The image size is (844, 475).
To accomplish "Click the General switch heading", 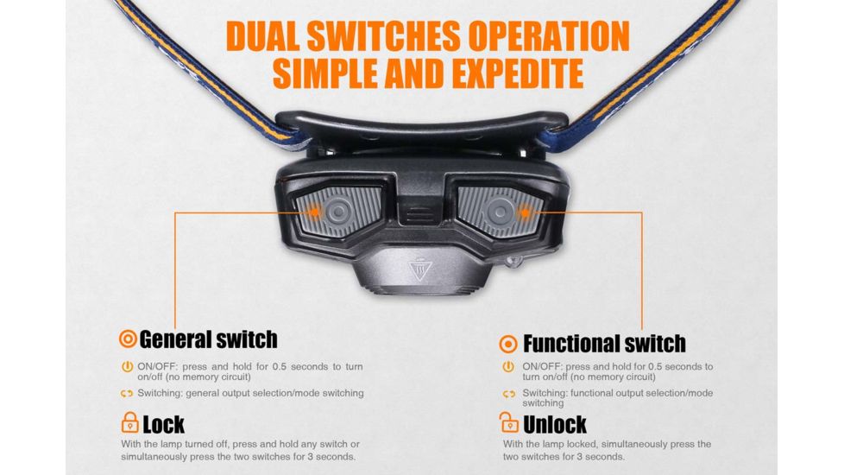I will pos(208,339).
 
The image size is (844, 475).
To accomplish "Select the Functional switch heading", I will pos(604,343).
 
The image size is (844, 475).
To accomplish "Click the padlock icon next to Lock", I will pos(129,423).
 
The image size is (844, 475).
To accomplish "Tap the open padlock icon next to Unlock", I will pos(509,423).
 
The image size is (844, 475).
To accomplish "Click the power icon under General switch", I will pos(128,367).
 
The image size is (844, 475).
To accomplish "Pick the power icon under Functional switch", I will pos(509,367).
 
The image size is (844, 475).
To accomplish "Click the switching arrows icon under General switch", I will pos(128,393).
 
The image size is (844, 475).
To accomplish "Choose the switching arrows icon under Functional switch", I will pos(509,394).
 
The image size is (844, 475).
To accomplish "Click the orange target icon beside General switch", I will pos(128,339).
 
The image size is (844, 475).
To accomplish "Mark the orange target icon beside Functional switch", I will pos(509,344).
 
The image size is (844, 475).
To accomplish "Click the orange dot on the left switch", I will pos(315,211).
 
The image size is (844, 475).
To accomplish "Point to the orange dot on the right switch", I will pos(522,211).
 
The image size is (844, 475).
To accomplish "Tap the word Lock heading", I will pos(164,424).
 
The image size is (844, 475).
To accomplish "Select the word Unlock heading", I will pos(555,424).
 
